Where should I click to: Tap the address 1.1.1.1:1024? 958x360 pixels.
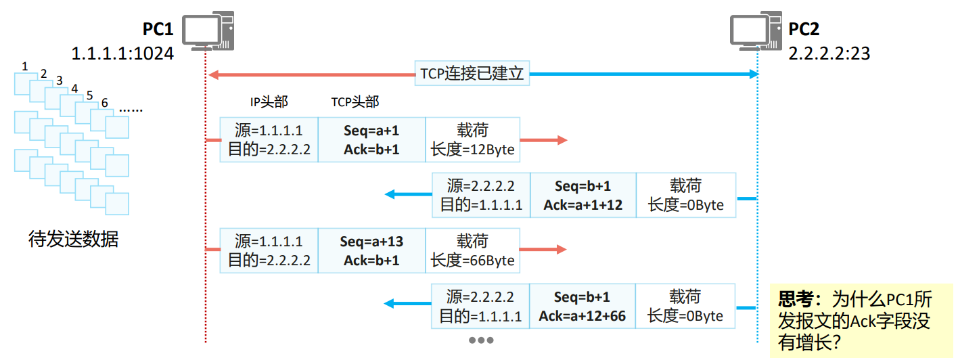pos(122,53)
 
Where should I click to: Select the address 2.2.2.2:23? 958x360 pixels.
pos(829,53)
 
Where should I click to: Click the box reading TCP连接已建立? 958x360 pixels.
pos(472,73)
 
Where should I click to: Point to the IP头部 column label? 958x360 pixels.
pos(269,102)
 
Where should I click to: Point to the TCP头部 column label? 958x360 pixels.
pos(355,102)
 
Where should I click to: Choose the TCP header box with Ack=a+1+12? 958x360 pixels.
pos(583,196)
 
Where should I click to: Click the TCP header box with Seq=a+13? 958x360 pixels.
pos(371,251)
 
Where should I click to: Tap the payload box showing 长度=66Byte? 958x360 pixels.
pos(472,251)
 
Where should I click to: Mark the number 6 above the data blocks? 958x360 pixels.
pos(104,103)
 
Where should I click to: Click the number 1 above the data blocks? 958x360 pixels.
pos(25,66)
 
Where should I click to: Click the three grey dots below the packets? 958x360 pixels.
pos(481,340)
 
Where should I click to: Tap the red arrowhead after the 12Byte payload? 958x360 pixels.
pos(561,140)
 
